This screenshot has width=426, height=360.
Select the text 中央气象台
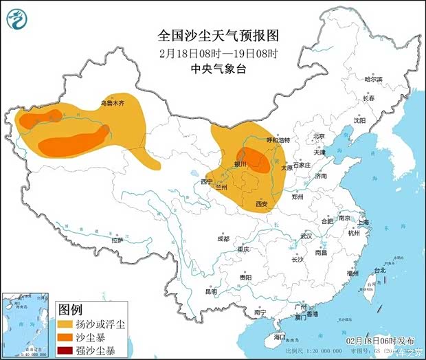tap(216, 68)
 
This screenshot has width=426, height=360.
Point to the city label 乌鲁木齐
tap(113, 103)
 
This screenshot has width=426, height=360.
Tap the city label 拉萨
tap(117, 240)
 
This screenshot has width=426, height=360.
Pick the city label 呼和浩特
tap(278, 140)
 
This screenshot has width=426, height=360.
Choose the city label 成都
tap(223, 239)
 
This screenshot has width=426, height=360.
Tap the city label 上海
tap(363, 223)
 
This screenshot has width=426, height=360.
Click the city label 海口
tap(279, 337)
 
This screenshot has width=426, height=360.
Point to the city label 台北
tap(379, 271)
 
